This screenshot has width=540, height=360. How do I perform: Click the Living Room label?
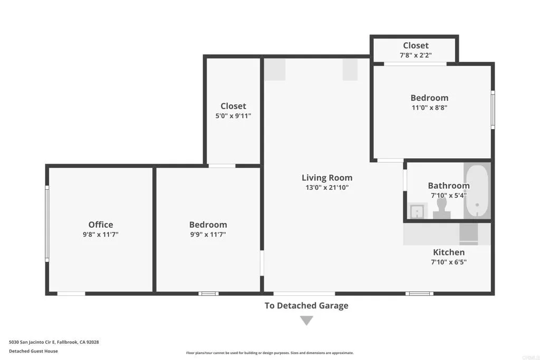click(x=327, y=178)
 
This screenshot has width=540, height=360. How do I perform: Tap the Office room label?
click(x=101, y=225)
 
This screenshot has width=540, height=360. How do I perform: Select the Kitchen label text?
click(x=449, y=252)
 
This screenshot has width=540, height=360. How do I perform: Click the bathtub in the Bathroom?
click(x=477, y=191)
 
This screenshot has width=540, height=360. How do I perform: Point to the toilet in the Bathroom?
click(x=441, y=208)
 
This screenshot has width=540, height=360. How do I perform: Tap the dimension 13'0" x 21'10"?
click(x=327, y=188)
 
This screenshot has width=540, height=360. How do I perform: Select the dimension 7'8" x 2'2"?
click(x=416, y=55)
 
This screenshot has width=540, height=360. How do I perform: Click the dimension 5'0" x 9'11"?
click(x=233, y=116)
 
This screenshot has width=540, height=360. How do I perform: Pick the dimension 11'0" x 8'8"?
click(x=429, y=108)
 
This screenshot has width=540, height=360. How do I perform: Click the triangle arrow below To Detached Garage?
click(x=306, y=320)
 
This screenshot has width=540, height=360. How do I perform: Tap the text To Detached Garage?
click(x=306, y=305)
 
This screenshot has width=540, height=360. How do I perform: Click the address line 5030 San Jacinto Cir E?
click(x=54, y=342)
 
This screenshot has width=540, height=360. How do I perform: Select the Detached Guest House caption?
click(x=33, y=351)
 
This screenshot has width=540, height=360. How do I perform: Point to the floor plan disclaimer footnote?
click(x=270, y=353)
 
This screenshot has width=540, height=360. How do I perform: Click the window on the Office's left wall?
click(x=47, y=224)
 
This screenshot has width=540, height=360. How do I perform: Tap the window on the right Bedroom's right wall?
click(x=493, y=110)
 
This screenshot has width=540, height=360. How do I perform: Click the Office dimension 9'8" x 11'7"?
click(x=101, y=235)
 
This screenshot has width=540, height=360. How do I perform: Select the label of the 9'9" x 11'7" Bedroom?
click(x=208, y=225)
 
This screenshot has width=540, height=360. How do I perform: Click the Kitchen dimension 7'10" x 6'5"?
click(x=449, y=262)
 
